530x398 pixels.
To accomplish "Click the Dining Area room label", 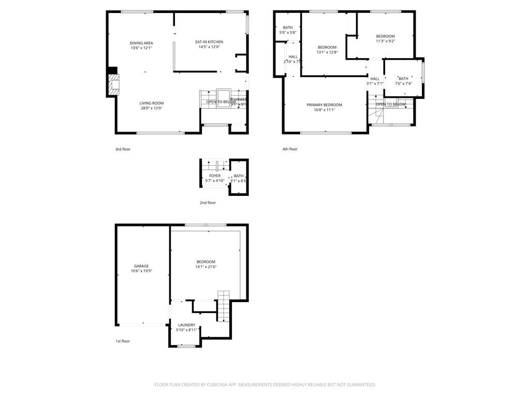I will (x=141, y=43).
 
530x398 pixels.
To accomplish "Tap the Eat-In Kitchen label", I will (x=209, y=42).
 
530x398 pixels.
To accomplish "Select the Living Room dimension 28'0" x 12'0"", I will (x=151, y=108).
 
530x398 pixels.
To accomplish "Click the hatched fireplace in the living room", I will (x=113, y=85).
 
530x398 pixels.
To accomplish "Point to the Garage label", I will (x=141, y=266).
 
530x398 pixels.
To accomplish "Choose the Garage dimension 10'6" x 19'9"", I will (x=141, y=272).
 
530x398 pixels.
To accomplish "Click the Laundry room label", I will (x=186, y=325).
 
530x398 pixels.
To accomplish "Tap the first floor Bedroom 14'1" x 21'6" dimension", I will (x=205, y=267).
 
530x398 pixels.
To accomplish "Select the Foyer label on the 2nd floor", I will (x=215, y=176).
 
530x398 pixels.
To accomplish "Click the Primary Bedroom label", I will (x=325, y=105).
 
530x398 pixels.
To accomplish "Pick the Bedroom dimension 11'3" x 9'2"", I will (x=385, y=41).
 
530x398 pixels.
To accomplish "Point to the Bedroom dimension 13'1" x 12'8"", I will (x=327, y=52).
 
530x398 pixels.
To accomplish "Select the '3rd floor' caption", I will (x=123, y=149).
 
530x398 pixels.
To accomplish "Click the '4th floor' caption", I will (x=290, y=149).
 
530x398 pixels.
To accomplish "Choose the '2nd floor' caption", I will (x=208, y=203).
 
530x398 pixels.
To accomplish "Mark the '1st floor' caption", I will (x=123, y=341).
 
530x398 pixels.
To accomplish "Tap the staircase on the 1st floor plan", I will (x=224, y=306).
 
